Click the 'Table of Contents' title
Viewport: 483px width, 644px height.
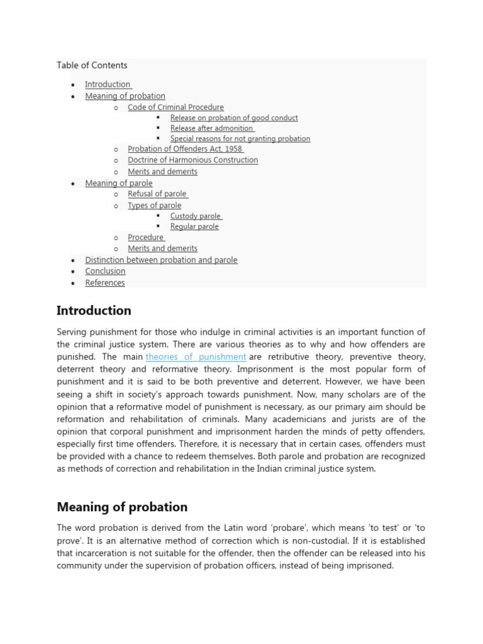tap(92, 65)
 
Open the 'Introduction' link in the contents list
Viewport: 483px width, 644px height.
tap(108, 84)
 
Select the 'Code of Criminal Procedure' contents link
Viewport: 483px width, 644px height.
tap(175, 108)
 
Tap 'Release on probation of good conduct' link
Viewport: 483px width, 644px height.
tap(234, 118)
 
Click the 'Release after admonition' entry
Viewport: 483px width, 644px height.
tap(211, 128)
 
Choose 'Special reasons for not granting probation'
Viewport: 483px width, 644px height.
tap(240, 138)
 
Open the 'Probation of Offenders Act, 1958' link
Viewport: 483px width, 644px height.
tap(185, 149)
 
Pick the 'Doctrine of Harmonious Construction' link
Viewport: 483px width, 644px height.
tap(192, 160)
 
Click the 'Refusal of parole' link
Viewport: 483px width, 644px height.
tap(157, 194)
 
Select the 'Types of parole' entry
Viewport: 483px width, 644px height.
tap(154, 206)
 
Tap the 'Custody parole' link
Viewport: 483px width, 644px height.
tap(196, 216)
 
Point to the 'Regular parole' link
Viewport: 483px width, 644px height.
tap(194, 226)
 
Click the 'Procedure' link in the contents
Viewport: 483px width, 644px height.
tap(145, 238)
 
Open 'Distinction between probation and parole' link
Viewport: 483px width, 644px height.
tap(161, 260)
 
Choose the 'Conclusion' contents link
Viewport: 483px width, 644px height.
tap(105, 271)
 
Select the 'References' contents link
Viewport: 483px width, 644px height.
tap(105, 283)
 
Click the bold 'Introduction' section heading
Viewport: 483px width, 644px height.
tap(94, 311)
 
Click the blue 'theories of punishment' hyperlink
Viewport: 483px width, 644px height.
tap(196, 357)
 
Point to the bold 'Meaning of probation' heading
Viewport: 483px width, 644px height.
tap(122, 507)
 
